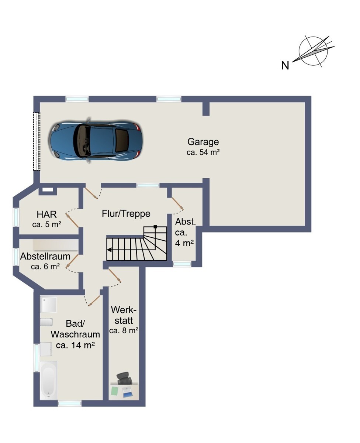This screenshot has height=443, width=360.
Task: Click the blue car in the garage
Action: [x=96, y=140]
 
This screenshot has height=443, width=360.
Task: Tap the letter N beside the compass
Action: [x=285, y=65]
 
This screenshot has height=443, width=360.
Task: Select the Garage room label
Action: [x=203, y=142]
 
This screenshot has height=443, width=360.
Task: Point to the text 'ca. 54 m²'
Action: [x=203, y=152]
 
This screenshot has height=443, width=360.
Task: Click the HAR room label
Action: [x=46, y=214]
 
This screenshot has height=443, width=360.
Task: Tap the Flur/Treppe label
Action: [x=126, y=214]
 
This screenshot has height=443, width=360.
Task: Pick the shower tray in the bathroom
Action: [x=48, y=305]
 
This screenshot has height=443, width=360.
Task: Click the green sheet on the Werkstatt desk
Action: [x=114, y=391]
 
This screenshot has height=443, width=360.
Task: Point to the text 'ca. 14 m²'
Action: [x=75, y=346]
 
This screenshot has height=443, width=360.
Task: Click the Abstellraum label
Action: [x=45, y=256]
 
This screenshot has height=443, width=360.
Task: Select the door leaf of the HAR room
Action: [x=72, y=220]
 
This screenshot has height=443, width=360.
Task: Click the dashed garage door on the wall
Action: [x=37, y=141]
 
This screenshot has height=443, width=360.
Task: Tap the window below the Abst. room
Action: [x=182, y=264]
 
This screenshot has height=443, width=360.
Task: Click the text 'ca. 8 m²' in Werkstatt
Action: [x=124, y=331]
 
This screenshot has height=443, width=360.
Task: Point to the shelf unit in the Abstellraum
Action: [x=55, y=245]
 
